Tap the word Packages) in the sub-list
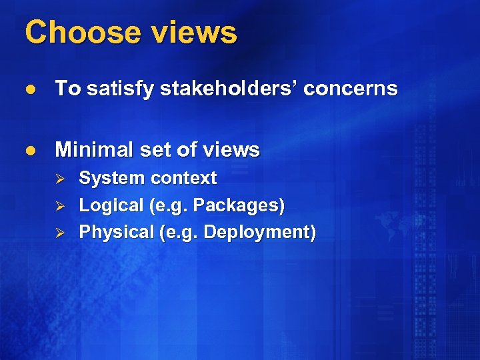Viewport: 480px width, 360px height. pyautogui.click(x=239, y=206)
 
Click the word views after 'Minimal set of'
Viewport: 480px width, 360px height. pyautogui.click(x=233, y=150)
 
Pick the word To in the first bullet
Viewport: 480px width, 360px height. pyautogui.click(x=65, y=89)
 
